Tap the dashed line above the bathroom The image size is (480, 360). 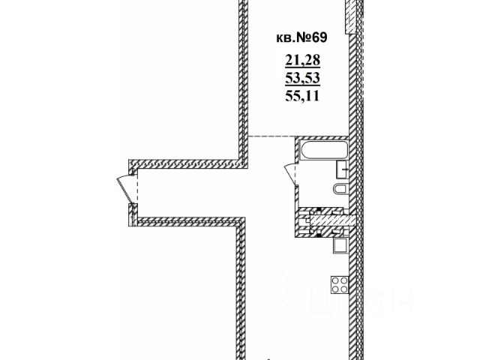pos(270,136)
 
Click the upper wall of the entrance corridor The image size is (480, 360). pos(187,163)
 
